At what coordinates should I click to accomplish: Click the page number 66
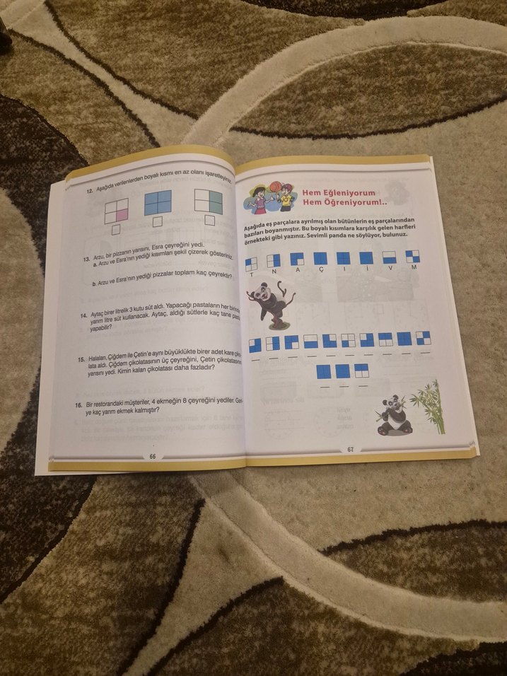click(x=153, y=456)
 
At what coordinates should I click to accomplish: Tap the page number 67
click(x=350, y=449)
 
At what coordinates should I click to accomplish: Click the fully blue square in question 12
click(x=158, y=204)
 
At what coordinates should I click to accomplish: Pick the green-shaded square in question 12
click(x=209, y=202)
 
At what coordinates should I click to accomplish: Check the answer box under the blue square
click(x=158, y=222)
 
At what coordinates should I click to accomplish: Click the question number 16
click(x=79, y=407)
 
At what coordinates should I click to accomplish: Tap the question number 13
click(x=85, y=260)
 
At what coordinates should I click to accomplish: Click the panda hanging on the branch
click(x=270, y=303)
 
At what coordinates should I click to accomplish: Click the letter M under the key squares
click(x=414, y=267)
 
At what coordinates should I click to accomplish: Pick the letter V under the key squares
click(x=390, y=267)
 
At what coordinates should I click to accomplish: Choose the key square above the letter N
click(x=274, y=260)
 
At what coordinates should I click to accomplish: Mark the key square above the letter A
click(x=297, y=259)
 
